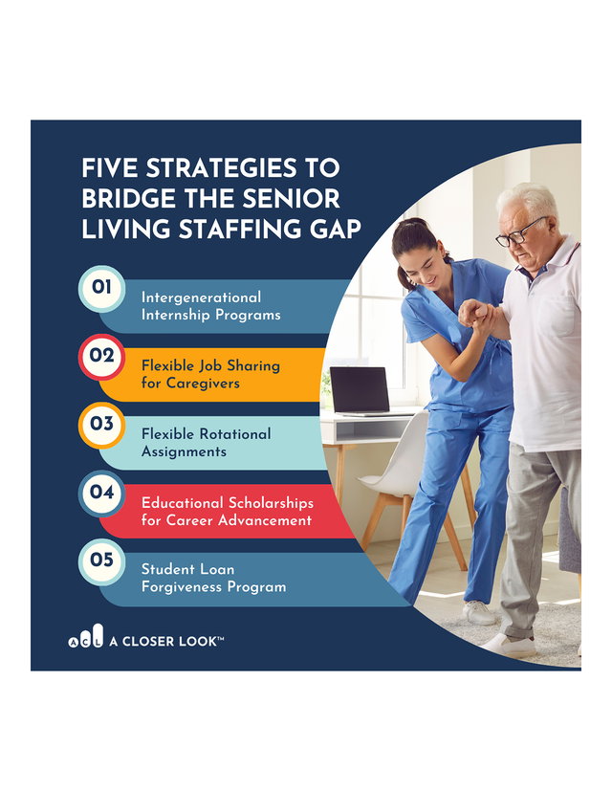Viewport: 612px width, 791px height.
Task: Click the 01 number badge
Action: coord(101,288)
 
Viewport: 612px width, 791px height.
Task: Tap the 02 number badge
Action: coord(101,356)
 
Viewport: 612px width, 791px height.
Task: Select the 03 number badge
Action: coord(101,425)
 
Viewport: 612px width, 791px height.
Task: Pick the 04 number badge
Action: coord(101,493)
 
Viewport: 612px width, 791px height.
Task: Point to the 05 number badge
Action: coord(101,560)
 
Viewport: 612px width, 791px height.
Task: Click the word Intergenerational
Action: coord(202,297)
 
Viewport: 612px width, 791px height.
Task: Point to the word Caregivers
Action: coord(203,384)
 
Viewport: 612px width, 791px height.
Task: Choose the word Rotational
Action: coord(235,434)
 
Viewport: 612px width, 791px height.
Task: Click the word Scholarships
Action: coord(271,503)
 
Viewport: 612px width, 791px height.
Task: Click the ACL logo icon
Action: coord(86,637)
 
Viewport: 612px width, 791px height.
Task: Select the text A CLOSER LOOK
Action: coord(166,641)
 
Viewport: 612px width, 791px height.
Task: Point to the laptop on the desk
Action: coord(361,390)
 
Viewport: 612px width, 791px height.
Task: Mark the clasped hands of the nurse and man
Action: coord(474,314)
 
